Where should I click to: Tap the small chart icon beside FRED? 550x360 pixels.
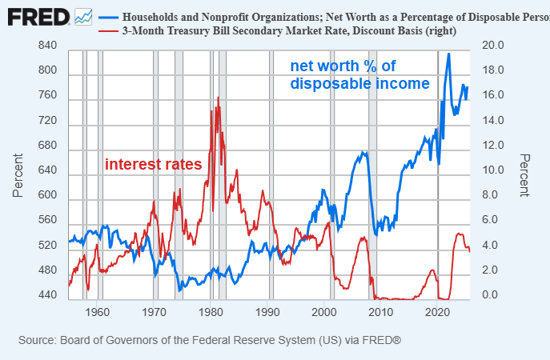[83, 16]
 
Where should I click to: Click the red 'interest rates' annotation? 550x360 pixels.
[153, 164]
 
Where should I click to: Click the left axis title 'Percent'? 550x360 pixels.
[18, 175]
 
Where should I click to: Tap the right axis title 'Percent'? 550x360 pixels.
[524, 175]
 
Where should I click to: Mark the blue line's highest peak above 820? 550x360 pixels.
[448, 54]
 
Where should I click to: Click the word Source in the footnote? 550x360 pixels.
[37, 341]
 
